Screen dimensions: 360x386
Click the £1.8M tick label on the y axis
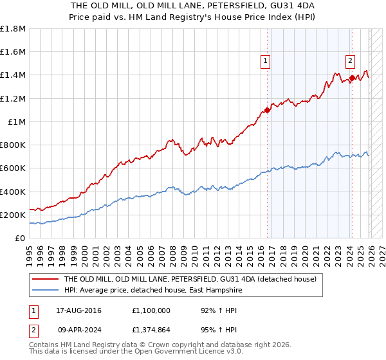[x=13, y=28]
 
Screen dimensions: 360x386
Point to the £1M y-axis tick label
[x=16, y=122]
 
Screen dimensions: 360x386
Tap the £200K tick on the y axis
[x=13, y=215]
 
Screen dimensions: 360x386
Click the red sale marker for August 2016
[x=267, y=110]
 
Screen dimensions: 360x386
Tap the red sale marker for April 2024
[x=352, y=78]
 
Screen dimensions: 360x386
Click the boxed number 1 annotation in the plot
[x=265, y=62]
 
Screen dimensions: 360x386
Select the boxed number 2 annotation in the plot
[x=350, y=62]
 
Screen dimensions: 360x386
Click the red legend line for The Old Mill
[x=44, y=280]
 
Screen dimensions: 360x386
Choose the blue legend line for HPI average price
[x=44, y=291]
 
